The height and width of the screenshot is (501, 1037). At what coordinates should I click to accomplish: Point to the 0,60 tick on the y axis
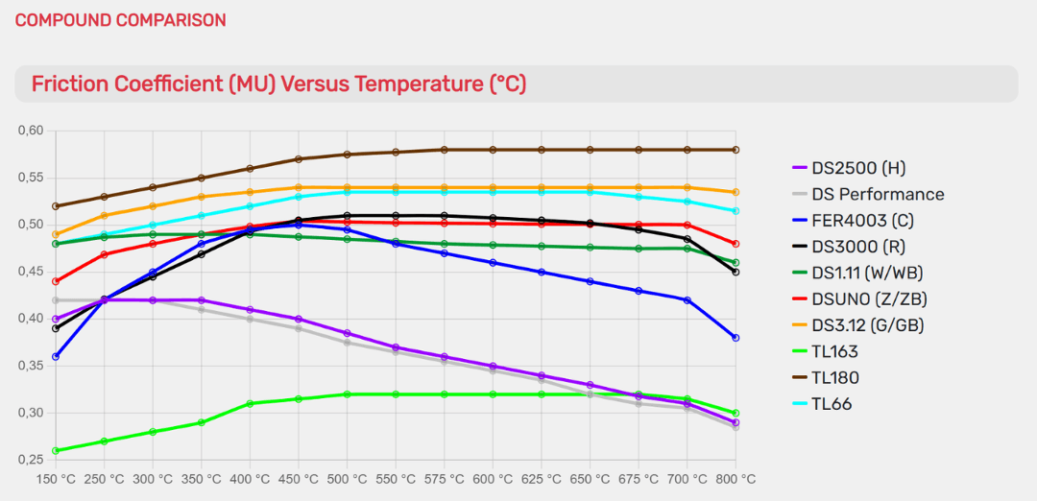(x=33, y=131)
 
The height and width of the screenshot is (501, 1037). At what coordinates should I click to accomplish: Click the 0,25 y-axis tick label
(x=33, y=460)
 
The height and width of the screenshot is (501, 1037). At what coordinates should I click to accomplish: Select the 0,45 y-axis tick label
(x=33, y=272)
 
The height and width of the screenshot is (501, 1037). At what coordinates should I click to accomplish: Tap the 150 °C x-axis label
(x=56, y=478)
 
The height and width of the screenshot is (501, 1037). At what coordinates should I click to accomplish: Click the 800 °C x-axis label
(x=736, y=478)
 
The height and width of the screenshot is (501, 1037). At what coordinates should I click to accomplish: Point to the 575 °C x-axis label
(x=444, y=478)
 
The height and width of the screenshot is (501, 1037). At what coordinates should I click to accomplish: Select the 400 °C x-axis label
(x=250, y=478)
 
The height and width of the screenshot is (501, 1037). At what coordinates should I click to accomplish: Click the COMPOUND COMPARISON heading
(x=120, y=20)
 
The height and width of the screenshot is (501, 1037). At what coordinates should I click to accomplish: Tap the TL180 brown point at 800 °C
(x=736, y=150)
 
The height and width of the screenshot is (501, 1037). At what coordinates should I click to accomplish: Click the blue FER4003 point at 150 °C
(x=56, y=356)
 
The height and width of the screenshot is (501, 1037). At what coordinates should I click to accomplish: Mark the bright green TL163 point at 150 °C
(x=56, y=450)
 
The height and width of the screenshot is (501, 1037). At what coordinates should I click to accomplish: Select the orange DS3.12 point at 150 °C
(x=56, y=234)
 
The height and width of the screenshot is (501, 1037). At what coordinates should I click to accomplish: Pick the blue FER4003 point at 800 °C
(x=736, y=338)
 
